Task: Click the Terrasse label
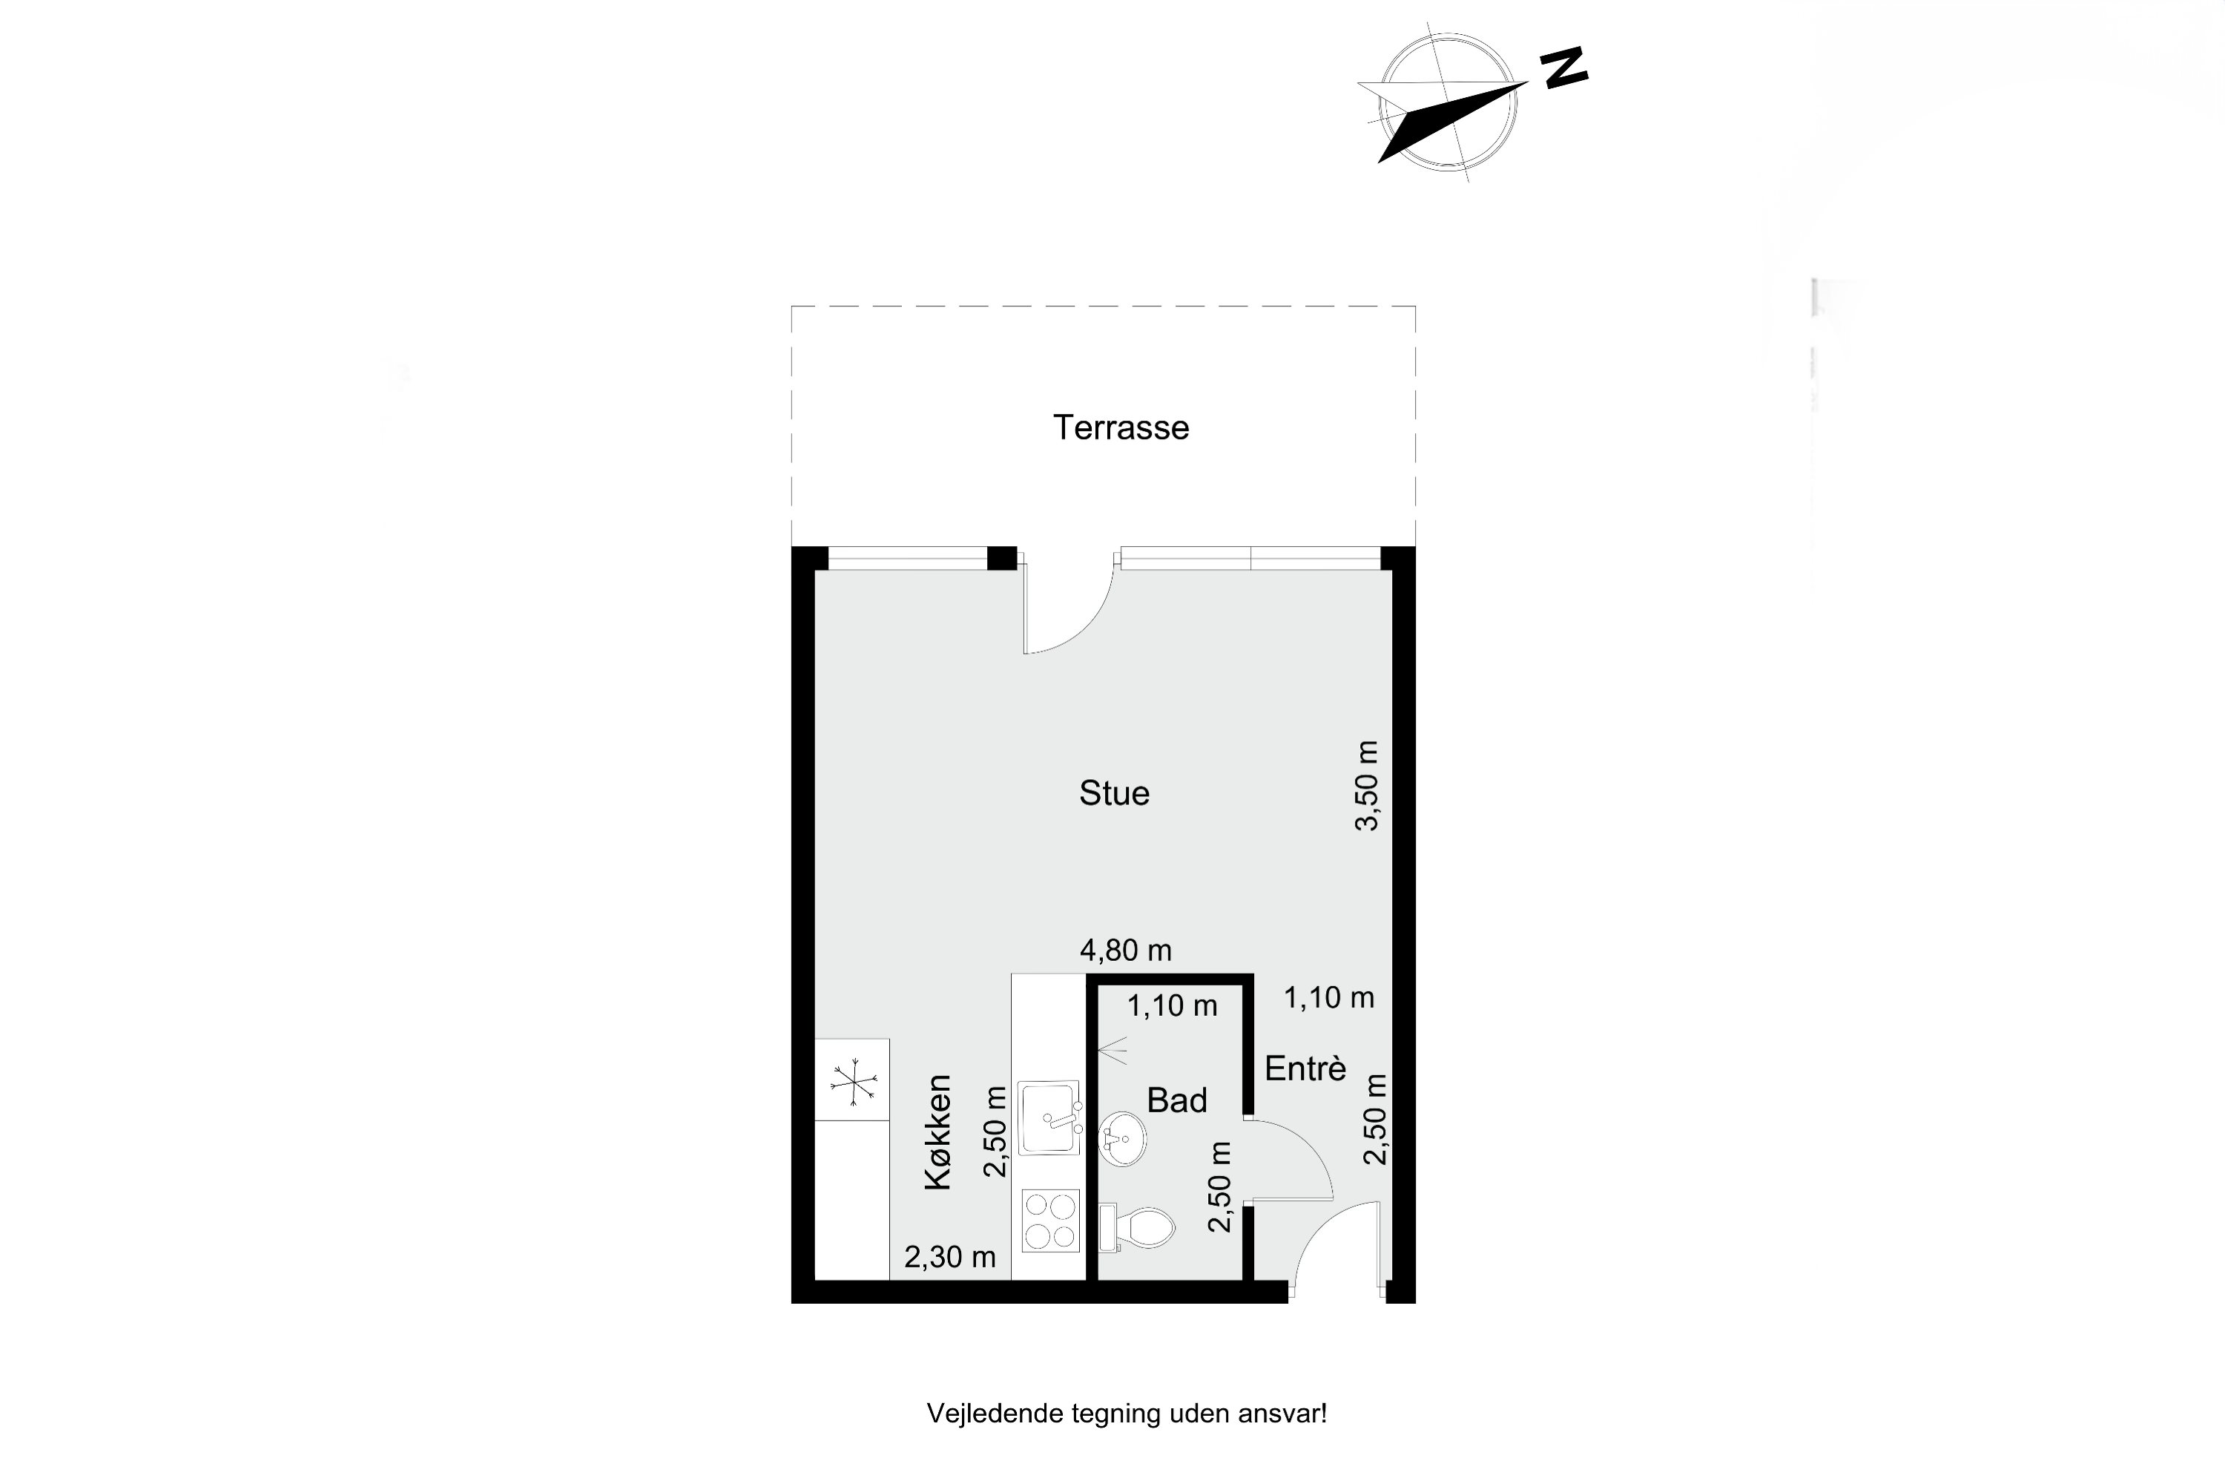(x=1121, y=428)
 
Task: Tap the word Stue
(x=1115, y=793)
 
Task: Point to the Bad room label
(x=1177, y=1100)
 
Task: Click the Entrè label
(x=1305, y=1068)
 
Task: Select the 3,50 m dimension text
(x=1367, y=786)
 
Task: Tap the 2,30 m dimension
(x=950, y=1257)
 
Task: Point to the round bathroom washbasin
(x=1123, y=1138)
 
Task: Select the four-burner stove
(x=1051, y=1221)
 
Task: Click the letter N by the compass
(x=1565, y=68)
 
